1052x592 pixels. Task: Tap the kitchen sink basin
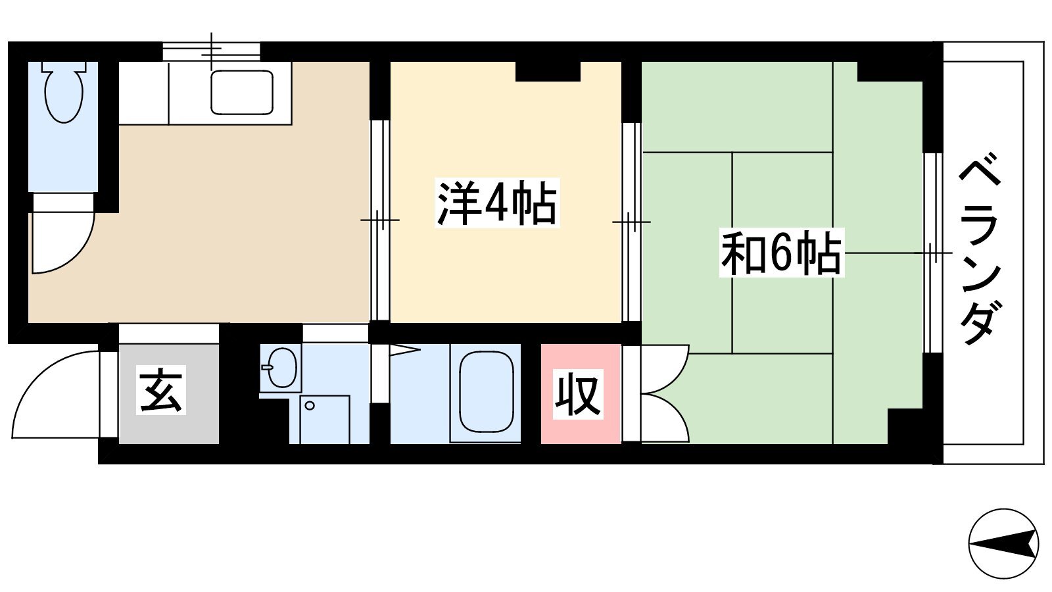tap(242, 92)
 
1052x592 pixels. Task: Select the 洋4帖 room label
tap(497, 203)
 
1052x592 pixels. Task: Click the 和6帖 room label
tap(782, 253)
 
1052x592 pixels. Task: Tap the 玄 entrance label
tap(161, 390)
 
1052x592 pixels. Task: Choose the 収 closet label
tap(578, 394)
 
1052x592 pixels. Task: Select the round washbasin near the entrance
tap(282, 368)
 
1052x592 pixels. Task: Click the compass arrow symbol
tap(1003, 544)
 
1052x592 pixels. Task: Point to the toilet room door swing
tap(64, 243)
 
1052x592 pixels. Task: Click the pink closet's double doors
tap(665, 394)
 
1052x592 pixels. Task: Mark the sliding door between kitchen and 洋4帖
tap(380, 220)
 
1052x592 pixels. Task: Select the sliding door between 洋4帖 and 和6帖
tap(632, 221)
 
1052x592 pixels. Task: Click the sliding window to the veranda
tap(933, 253)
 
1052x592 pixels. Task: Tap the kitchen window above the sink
tap(211, 51)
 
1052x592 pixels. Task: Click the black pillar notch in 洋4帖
tap(548, 72)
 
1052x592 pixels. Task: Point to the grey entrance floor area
tap(168, 394)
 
